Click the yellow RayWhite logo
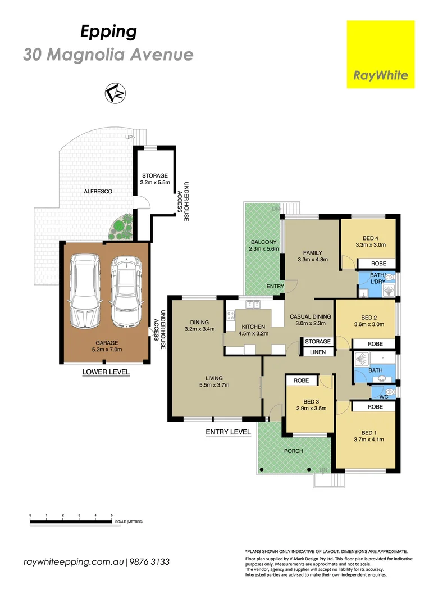pos(381,55)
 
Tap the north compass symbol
pos(116,93)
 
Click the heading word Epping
pos(108,32)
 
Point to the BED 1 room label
pos(368,433)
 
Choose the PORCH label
pos(293,451)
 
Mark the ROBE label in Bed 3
pos(302,380)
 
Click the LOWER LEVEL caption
pos(106,372)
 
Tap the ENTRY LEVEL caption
pos(228,432)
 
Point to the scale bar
pos(71,522)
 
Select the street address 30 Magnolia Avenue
pos(108,55)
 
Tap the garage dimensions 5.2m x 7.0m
pos(106,350)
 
